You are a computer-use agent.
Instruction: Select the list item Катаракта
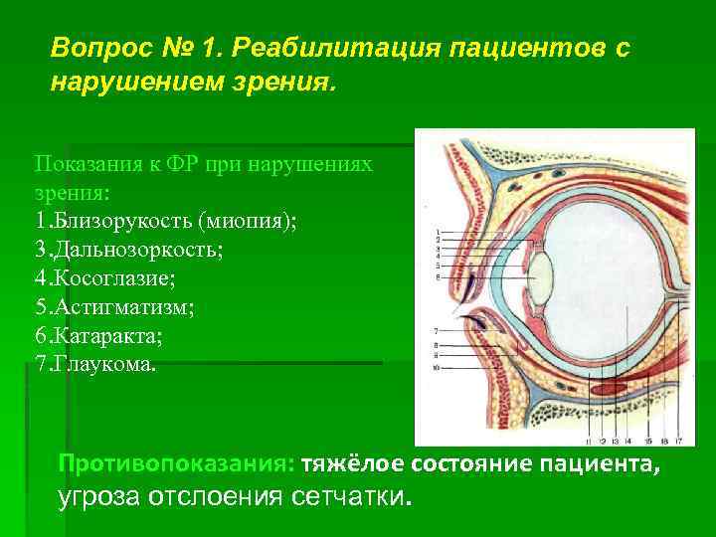[x=98, y=335]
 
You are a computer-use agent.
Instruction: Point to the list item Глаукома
[x=95, y=364]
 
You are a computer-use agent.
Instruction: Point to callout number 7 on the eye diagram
[x=437, y=329]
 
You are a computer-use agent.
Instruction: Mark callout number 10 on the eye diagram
[x=437, y=367]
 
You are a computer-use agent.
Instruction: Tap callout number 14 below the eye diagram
[x=628, y=441]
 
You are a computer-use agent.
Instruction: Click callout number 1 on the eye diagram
[x=437, y=232]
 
